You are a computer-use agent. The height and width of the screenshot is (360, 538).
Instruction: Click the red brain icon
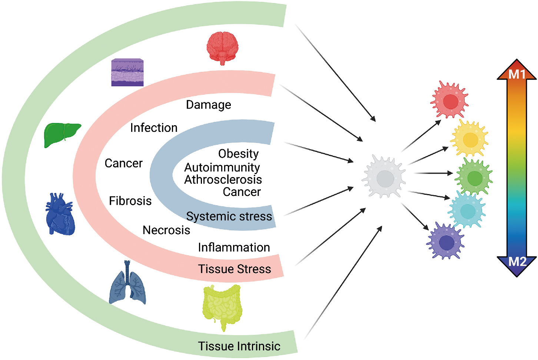click(x=222, y=47)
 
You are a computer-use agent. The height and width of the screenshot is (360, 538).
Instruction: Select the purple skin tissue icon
click(x=127, y=73)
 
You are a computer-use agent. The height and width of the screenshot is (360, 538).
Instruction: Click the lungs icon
click(x=127, y=284)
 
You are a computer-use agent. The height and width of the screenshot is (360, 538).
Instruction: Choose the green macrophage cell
click(x=474, y=177)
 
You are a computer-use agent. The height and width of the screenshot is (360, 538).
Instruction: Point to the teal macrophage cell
click(x=467, y=211)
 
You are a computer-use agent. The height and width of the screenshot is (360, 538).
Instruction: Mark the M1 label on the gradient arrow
click(x=517, y=74)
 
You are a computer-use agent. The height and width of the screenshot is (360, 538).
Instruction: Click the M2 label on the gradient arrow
click(x=517, y=262)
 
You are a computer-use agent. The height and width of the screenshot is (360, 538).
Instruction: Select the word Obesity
click(x=238, y=153)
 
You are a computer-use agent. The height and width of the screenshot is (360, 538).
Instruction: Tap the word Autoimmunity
click(x=222, y=167)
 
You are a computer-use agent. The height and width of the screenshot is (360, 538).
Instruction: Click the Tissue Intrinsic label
click(x=239, y=346)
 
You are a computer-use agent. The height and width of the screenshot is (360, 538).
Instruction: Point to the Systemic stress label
click(x=229, y=216)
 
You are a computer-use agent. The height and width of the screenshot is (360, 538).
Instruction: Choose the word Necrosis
click(x=166, y=230)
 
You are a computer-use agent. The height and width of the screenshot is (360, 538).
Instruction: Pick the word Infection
click(x=154, y=128)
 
